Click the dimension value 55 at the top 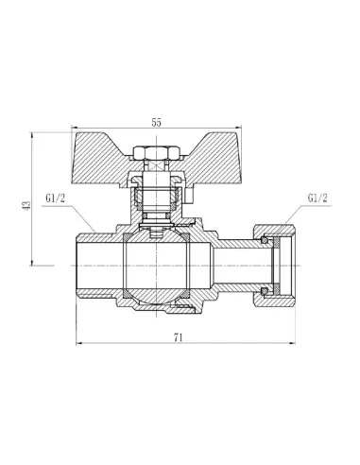tap(157, 122)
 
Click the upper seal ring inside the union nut tap(267, 244)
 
